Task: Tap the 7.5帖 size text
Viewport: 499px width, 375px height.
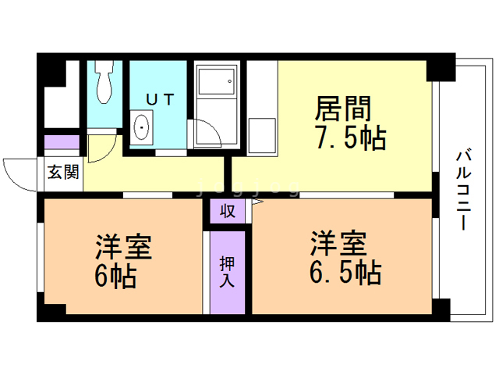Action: coord(350,137)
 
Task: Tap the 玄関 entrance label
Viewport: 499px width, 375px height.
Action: coord(62,173)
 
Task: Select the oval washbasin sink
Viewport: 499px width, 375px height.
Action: coord(142,127)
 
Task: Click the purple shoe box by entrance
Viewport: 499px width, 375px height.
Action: coord(62,143)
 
